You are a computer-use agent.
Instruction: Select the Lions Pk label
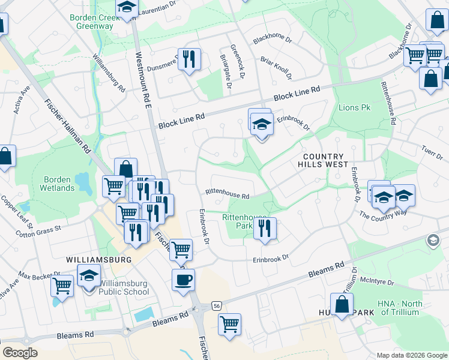(355, 108)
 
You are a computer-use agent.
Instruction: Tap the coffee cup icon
(183, 279)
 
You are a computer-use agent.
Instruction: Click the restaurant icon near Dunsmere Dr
(190, 59)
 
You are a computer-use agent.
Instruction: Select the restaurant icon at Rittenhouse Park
(265, 228)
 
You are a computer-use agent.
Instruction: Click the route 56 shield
(215, 306)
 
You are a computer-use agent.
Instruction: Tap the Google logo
(20, 353)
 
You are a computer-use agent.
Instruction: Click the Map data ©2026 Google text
(411, 355)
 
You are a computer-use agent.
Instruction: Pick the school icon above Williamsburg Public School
(89, 276)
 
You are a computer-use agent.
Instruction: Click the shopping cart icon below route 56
(229, 324)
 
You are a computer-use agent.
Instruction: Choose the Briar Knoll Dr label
(276, 68)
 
